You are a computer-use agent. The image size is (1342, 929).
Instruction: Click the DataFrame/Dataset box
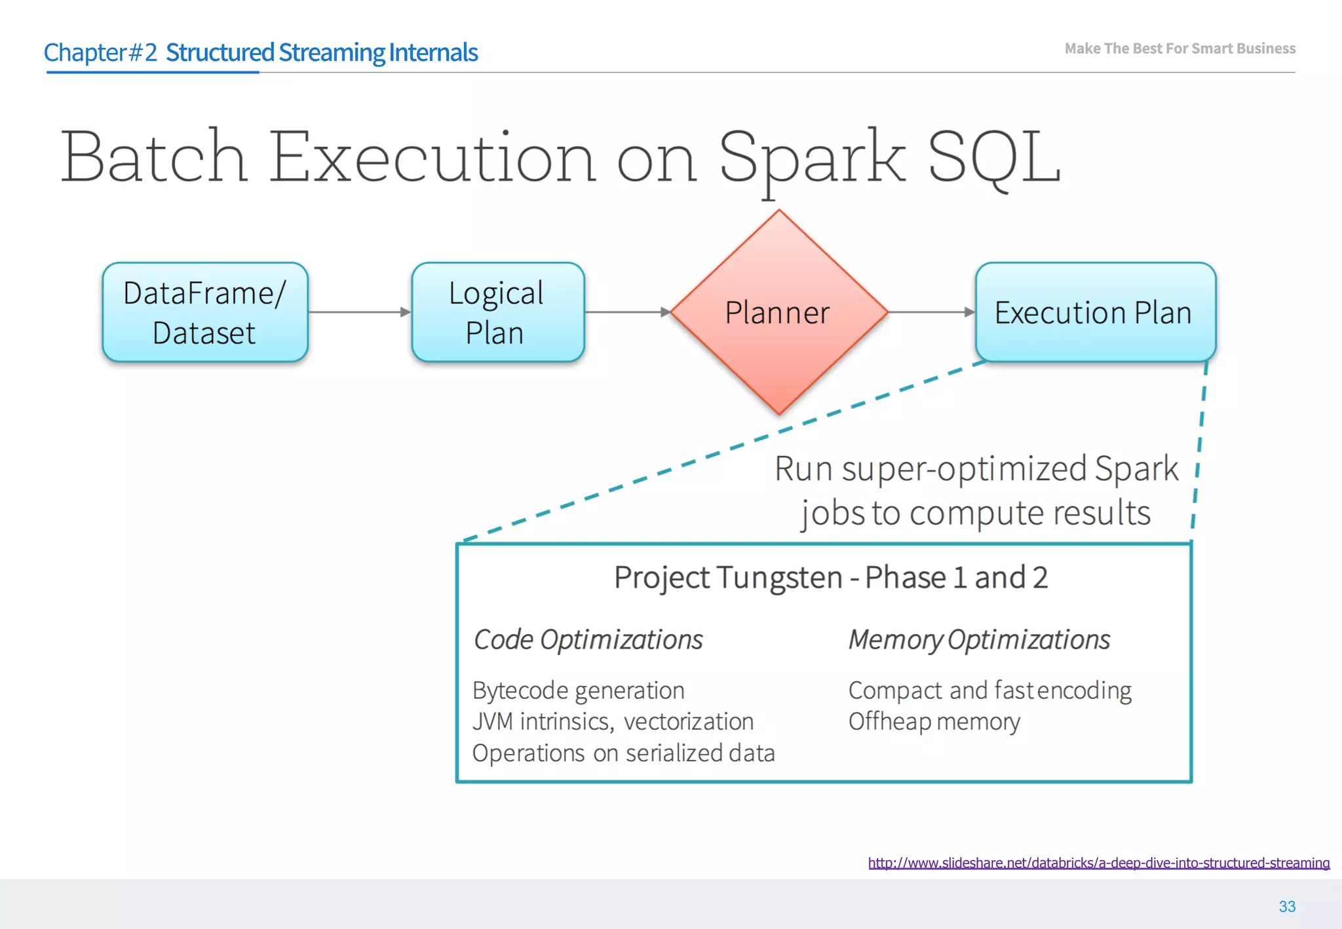(x=204, y=313)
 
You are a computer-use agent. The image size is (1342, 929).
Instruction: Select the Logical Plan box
(x=497, y=313)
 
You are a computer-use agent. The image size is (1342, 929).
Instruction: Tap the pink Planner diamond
(x=778, y=313)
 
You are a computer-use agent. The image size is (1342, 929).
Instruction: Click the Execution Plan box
(x=1095, y=313)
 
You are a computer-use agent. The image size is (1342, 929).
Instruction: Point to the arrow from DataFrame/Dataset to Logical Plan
(x=359, y=313)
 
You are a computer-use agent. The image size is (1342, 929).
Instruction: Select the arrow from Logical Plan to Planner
(x=626, y=313)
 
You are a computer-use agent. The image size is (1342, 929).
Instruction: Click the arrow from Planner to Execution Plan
(x=931, y=313)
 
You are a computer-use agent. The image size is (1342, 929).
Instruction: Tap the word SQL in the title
(x=994, y=157)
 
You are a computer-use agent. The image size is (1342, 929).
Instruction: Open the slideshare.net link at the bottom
(x=1098, y=863)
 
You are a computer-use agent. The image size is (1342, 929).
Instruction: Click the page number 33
(x=1287, y=907)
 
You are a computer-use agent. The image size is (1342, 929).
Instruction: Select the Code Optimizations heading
(x=588, y=640)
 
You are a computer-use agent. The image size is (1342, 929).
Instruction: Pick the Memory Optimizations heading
(x=979, y=640)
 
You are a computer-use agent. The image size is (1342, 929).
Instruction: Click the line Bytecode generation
(x=578, y=691)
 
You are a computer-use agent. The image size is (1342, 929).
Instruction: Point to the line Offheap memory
(x=934, y=722)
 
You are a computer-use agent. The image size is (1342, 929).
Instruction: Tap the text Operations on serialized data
(x=623, y=753)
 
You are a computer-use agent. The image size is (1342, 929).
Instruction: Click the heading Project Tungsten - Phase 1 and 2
(x=830, y=578)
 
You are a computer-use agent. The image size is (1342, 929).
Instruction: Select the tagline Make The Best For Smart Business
(x=1179, y=48)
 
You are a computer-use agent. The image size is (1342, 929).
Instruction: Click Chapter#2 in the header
(x=100, y=52)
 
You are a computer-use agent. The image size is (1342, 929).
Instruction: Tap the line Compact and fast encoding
(x=989, y=691)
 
